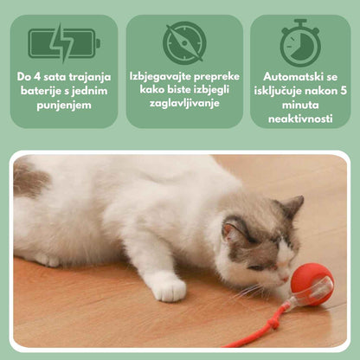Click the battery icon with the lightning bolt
click(64, 43)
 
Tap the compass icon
click(184, 42)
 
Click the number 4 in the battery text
click(36, 77)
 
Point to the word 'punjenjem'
click(64, 105)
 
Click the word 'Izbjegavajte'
click(160, 77)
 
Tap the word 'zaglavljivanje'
click(184, 103)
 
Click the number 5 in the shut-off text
click(344, 91)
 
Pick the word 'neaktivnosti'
click(300, 119)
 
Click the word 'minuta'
click(300, 105)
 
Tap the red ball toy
click(312, 285)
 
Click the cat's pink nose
click(285, 280)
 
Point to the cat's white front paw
click(170, 288)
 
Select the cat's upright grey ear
click(292, 206)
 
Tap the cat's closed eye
click(257, 267)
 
